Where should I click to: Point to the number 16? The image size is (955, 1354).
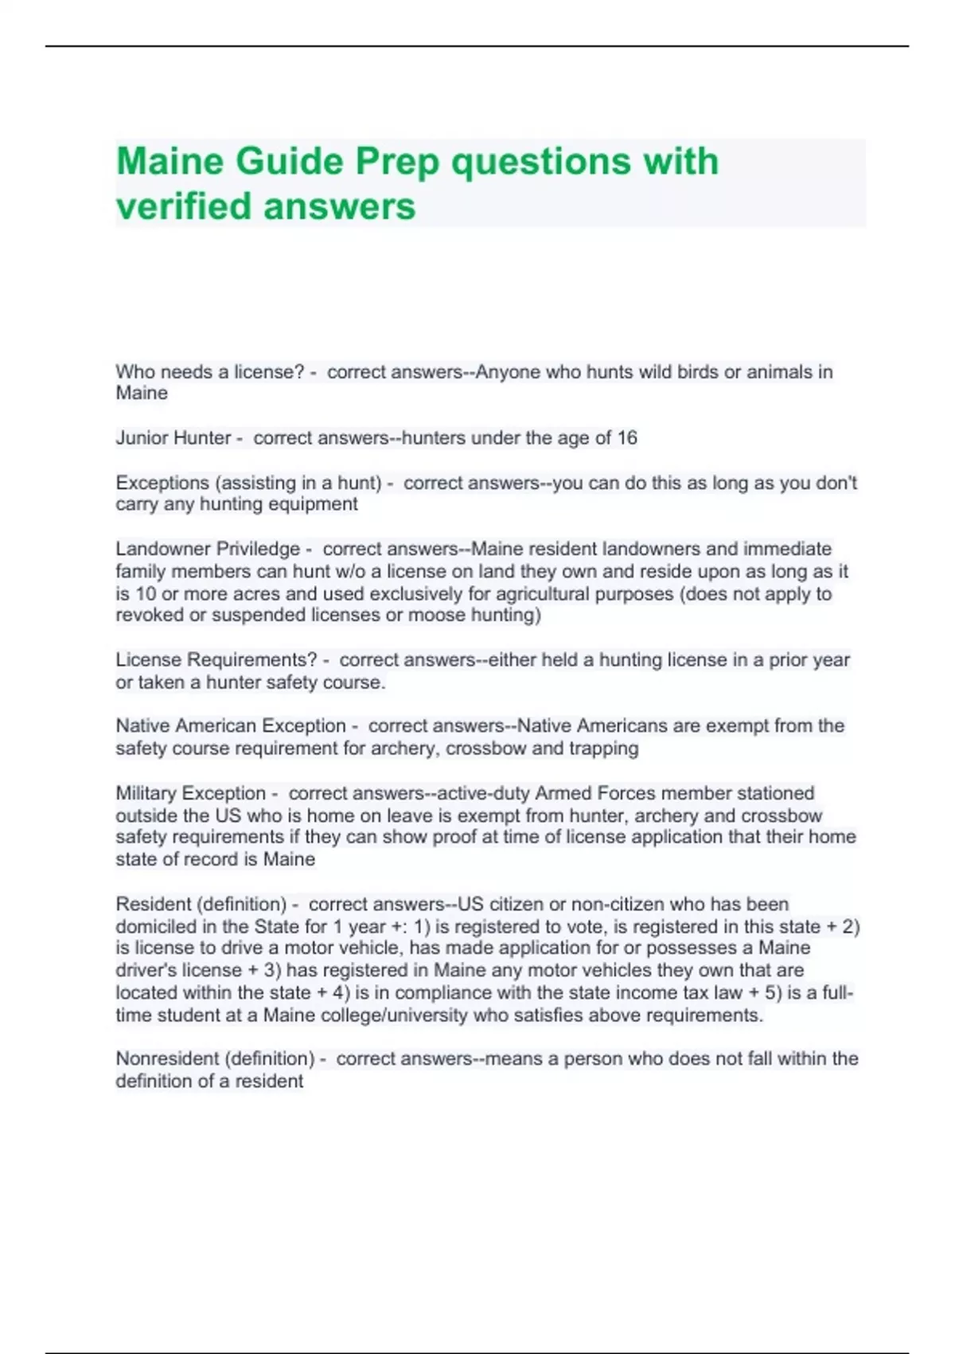pyautogui.click(x=627, y=438)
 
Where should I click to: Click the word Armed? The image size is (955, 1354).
pyautogui.click(x=563, y=793)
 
